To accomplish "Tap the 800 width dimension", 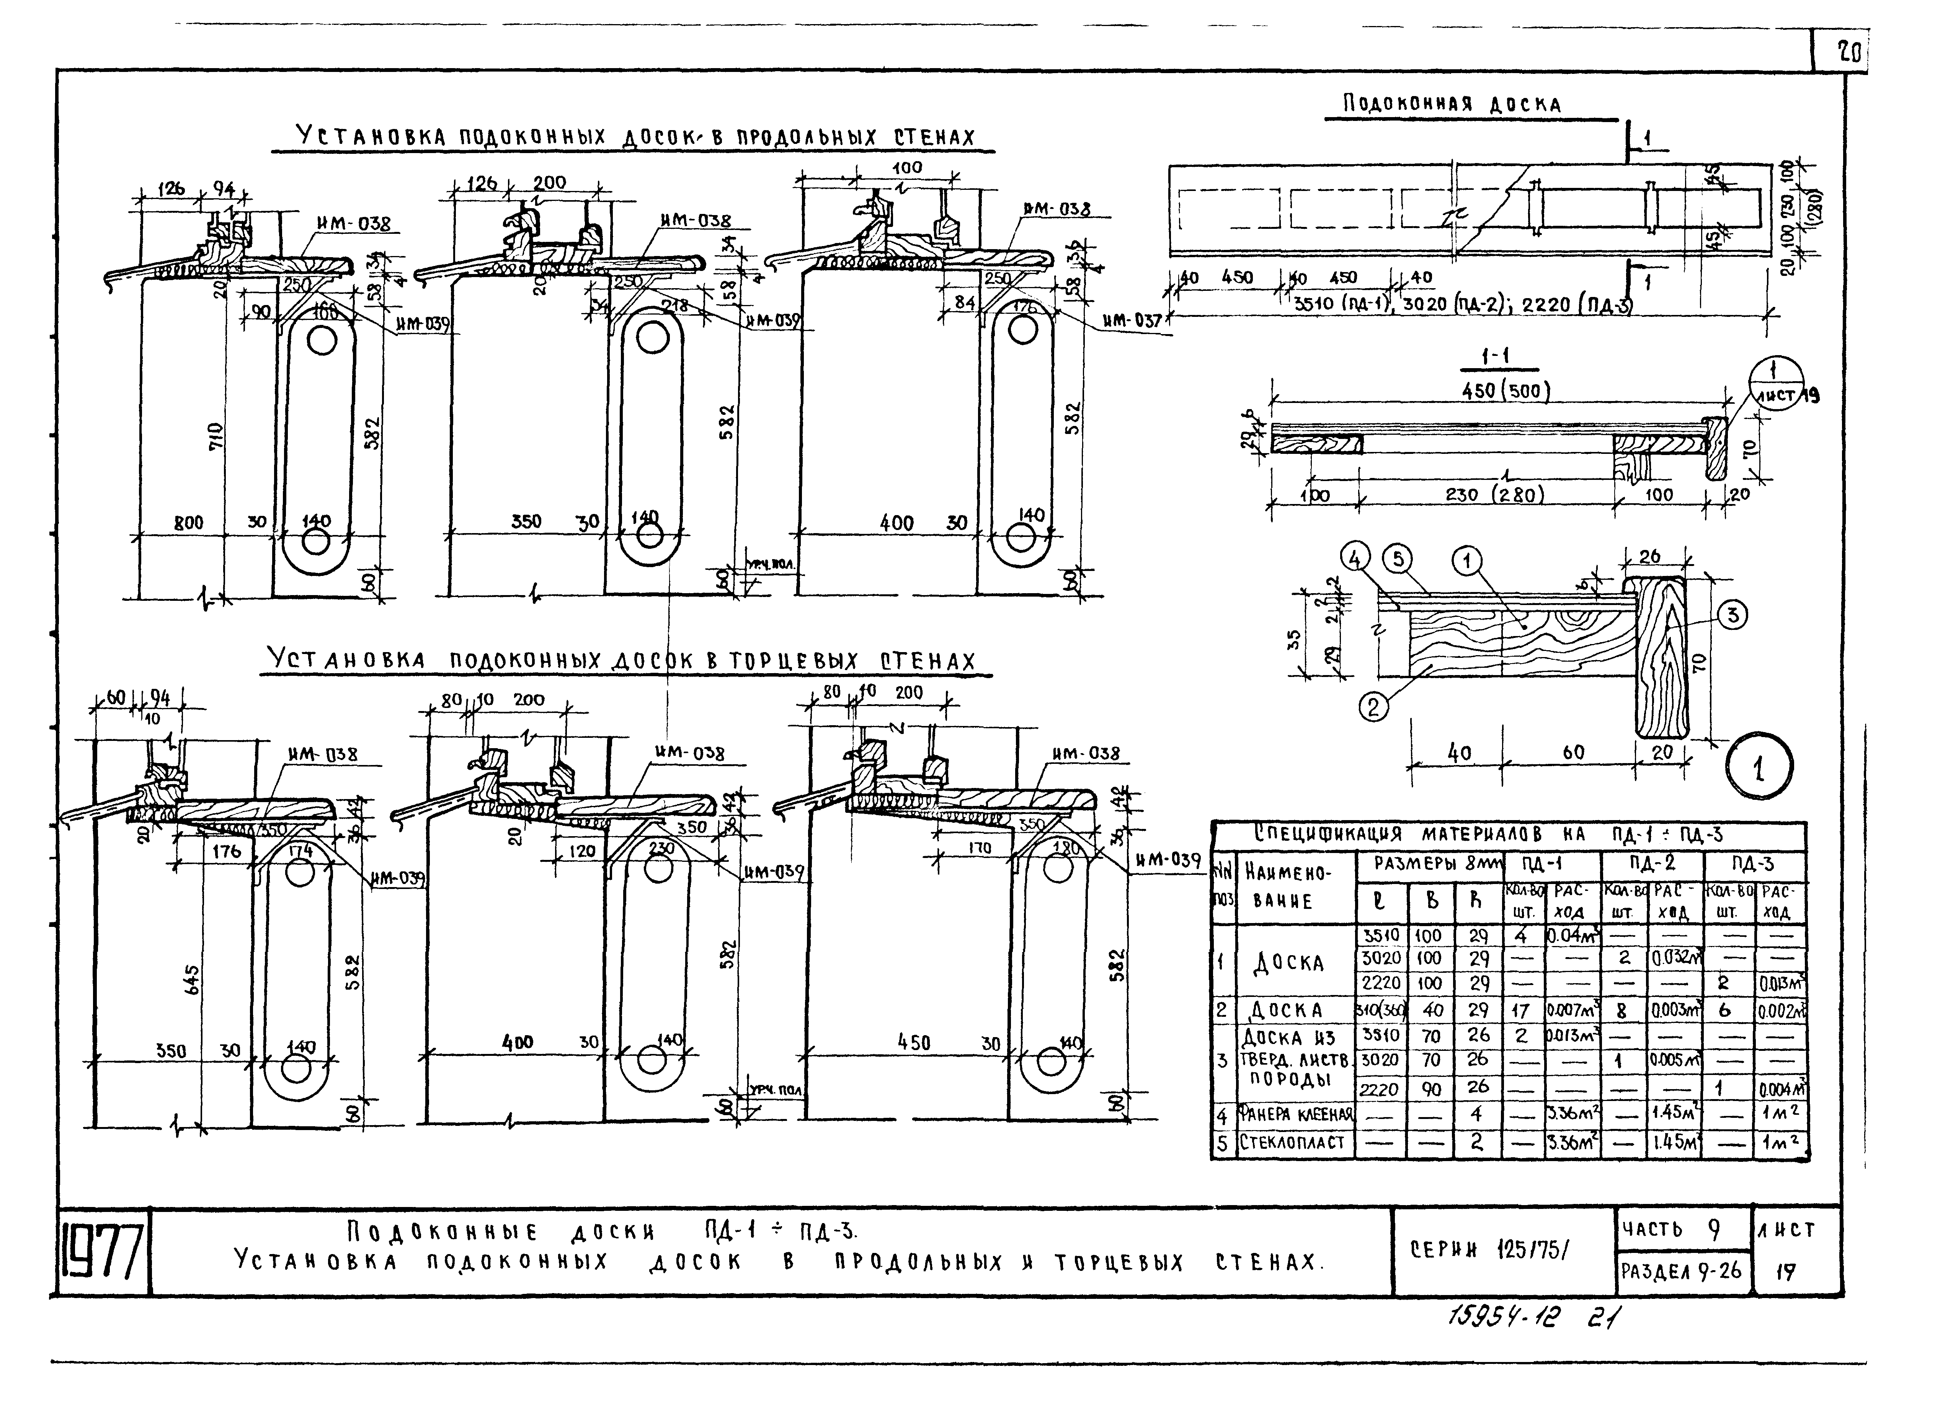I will [x=189, y=522].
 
